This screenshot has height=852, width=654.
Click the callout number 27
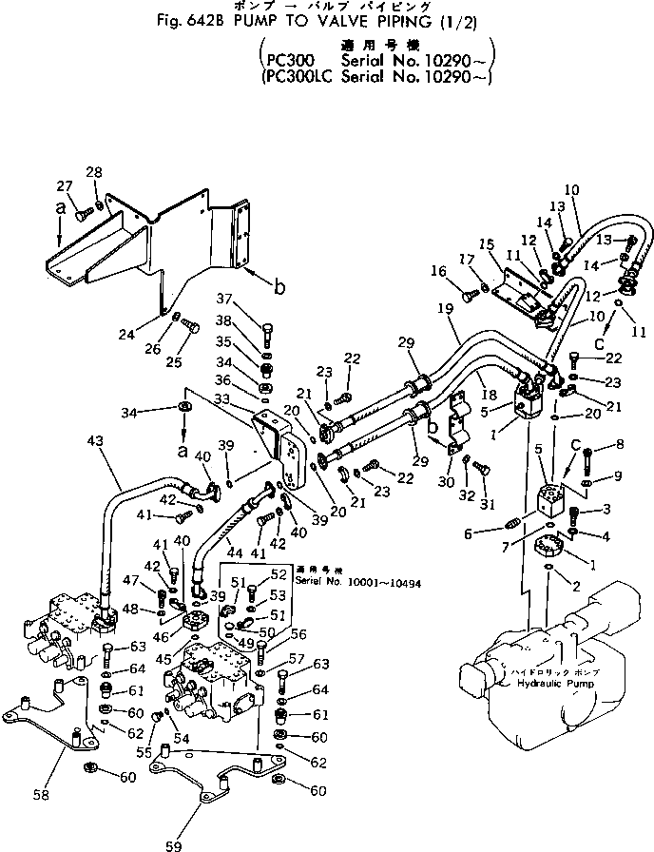[64, 185]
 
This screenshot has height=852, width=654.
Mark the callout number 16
[438, 271]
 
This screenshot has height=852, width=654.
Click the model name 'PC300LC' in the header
[297, 80]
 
